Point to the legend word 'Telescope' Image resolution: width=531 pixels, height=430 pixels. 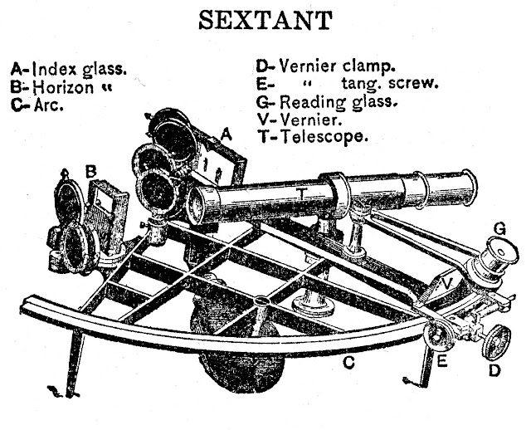click(324, 137)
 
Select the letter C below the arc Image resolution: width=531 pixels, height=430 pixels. click(350, 362)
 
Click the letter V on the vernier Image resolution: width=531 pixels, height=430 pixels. click(449, 281)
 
